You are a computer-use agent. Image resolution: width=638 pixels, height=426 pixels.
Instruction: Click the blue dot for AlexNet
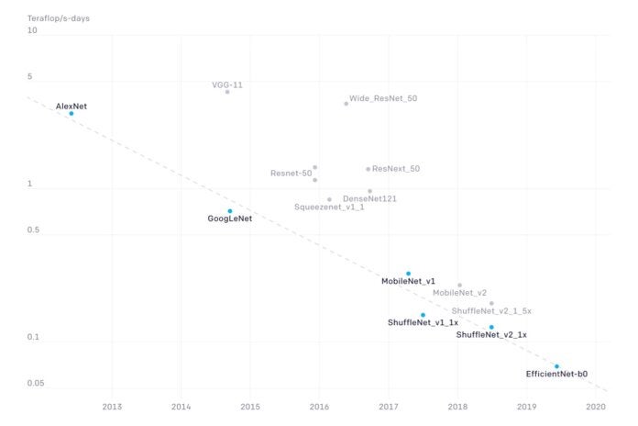click(71, 114)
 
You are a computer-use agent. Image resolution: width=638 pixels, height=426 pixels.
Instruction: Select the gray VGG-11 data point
click(227, 92)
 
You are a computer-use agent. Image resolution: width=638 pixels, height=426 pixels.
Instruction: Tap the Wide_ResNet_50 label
click(383, 97)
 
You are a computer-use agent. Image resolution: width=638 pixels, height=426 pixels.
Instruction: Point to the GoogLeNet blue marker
click(230, 211)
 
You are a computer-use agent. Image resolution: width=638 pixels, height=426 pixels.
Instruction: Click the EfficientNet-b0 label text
click(556, 374)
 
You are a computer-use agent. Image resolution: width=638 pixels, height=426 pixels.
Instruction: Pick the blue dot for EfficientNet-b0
click(556, 366)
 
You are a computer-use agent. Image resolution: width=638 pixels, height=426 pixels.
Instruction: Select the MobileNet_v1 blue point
click(409, 274)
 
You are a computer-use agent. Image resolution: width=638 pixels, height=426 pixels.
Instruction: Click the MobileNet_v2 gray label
click(459, 293)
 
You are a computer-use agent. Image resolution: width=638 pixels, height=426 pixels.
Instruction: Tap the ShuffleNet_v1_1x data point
click(423, 315)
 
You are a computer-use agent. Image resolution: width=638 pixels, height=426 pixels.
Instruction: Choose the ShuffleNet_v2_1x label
click(491, 335)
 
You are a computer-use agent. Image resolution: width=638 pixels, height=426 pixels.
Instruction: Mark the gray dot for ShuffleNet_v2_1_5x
click(491, 303)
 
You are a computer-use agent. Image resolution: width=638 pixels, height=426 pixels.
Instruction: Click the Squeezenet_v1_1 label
click(329, 207)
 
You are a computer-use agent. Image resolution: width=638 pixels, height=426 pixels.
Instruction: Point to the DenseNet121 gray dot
click(370, 191)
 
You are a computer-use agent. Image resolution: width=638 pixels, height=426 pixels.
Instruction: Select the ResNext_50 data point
click(368, 169)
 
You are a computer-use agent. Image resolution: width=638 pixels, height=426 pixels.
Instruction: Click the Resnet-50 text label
click(291, 173)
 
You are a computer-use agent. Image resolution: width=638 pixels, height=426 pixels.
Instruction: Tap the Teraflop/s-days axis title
click(59, 17)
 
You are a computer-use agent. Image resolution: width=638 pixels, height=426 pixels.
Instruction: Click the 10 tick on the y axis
click(32, 30)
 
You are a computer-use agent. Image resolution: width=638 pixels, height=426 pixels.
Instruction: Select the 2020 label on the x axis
click(596, 406)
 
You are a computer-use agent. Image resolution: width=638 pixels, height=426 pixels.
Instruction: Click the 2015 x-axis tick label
click(250, 406)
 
